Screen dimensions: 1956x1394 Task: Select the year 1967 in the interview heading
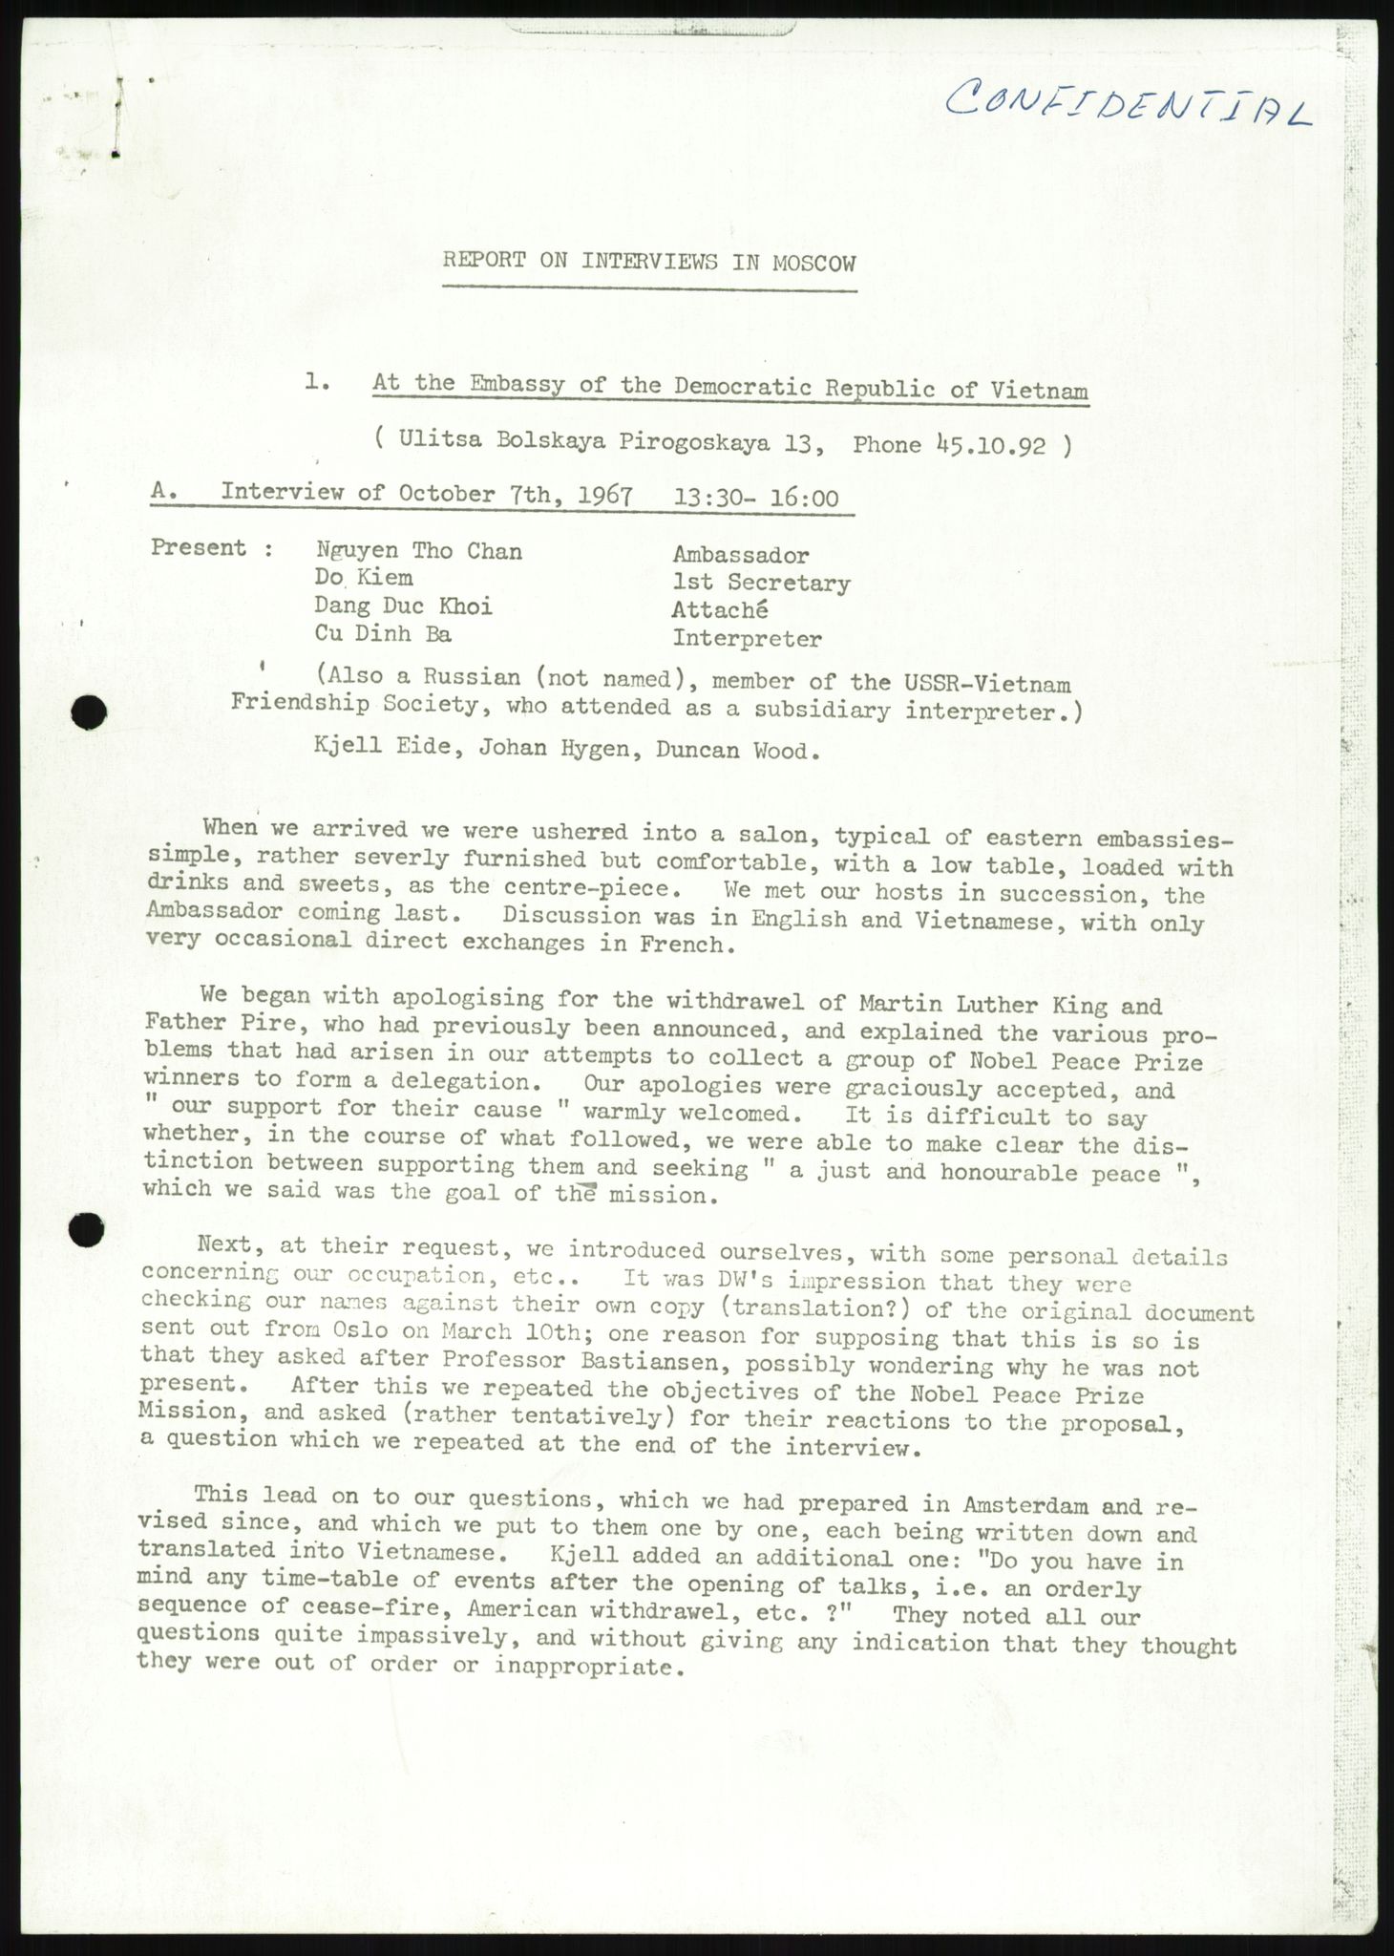coord(604,496)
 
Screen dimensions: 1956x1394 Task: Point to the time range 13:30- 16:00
coord(757,498)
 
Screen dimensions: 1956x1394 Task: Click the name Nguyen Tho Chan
coord(419,550)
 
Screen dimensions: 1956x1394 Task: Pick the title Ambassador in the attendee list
coord(741,555)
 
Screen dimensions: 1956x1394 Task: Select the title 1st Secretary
coord(761,583)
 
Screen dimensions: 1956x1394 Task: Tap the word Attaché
coord(720,610)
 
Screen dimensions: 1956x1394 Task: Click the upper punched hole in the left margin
coord(89,710)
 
